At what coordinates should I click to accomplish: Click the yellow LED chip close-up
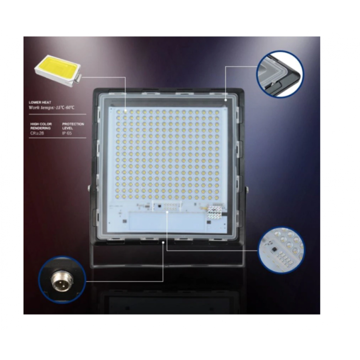click(58, 69)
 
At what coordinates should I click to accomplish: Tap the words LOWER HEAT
click(40, 102)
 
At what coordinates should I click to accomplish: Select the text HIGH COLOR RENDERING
click(41, 126)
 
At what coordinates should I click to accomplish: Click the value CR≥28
click(36, 133)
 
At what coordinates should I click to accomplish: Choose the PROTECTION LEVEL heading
click(73, 126)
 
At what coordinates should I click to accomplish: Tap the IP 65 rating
click(67, 133)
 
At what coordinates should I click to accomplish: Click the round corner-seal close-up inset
click(280, 74)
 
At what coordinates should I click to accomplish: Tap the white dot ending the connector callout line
click(164, 242)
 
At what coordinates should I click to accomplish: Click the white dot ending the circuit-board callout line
click(167, 213)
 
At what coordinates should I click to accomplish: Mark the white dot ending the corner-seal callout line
click(226, 99)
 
